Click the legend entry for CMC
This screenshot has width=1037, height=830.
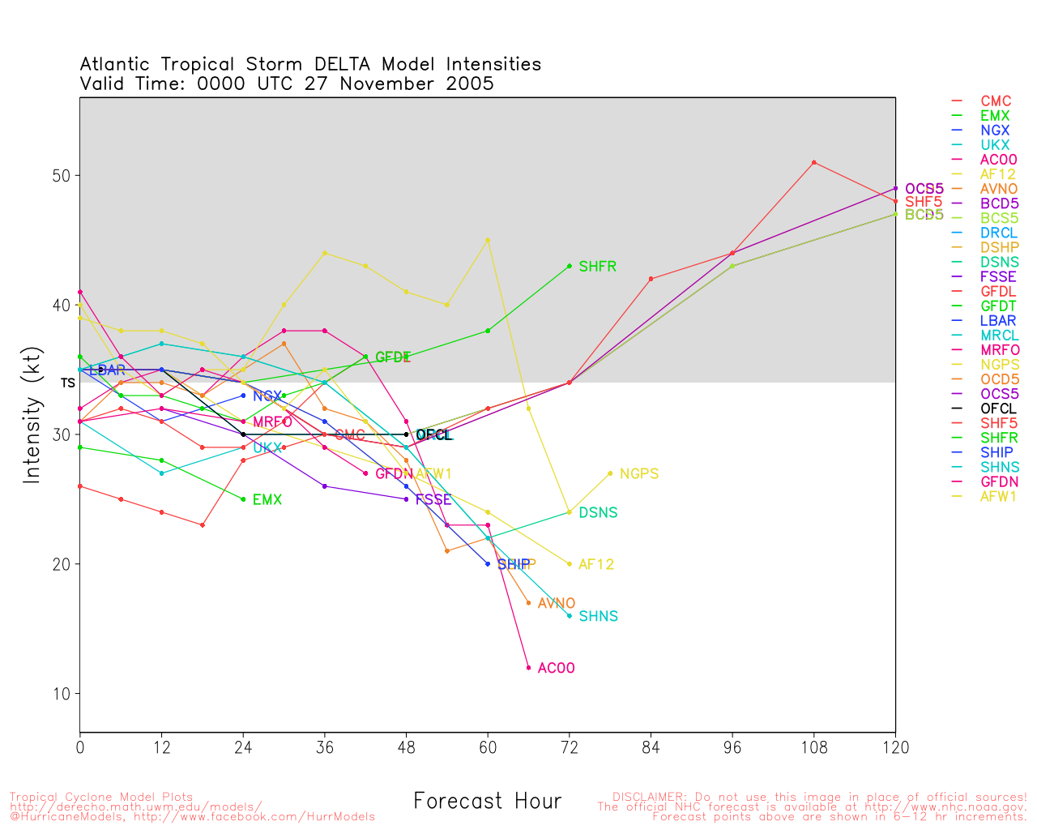pyautogui.click(x=996, y=101)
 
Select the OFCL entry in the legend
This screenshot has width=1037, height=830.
pyautogui.click(x=998, y=409)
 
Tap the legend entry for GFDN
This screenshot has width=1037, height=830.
pyautogui.click(x=999, y=481)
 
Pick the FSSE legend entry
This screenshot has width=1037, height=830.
pyautogui.click(x=998, y=277)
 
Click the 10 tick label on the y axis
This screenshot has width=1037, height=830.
pyautogui.click(x=62, y=695)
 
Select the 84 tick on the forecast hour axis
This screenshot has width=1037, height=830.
pyautogui.click(x=651, y=748)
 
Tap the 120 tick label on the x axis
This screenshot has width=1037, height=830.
pyautogui.click(x=895, y=748)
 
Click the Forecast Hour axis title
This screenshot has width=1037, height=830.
pyautogui.click(x=487, y=802)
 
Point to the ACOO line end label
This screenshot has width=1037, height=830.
pyautogui.click(x=556, y=669)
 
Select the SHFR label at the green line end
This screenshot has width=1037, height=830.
pyautogui.click(x=597, y=267)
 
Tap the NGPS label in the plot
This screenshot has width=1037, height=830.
pyautogui.click(x=638, y=474)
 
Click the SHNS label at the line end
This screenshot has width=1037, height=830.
pyautogui.click(x=598, y=617)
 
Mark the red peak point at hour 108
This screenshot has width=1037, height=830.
pyautogui.click(x=813, y=163)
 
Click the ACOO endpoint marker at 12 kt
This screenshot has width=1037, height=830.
pyautogui.click(x=528, y=668)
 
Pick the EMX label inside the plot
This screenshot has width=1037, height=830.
pyautogui.click(x=267, y=500)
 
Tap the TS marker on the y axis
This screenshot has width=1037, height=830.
pyautogui.click(x=68, y=383)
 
